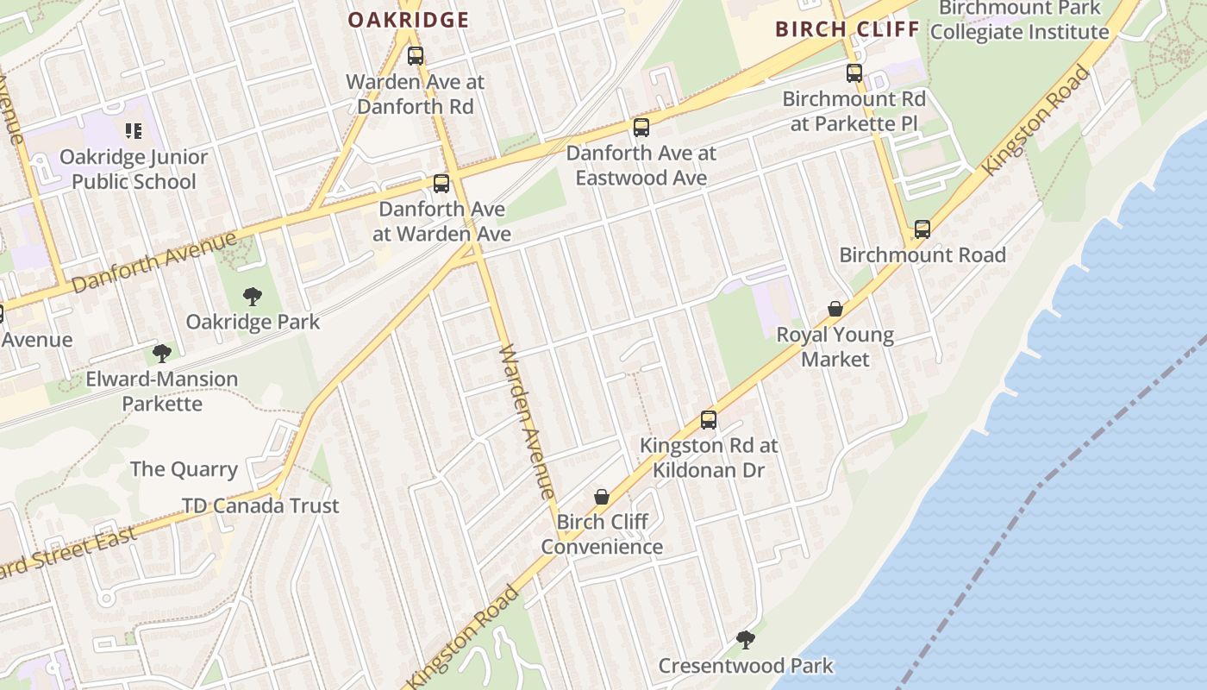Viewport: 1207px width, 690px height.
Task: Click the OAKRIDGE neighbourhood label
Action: coord(408,20)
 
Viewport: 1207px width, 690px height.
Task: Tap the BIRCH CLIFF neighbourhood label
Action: coord(847,29)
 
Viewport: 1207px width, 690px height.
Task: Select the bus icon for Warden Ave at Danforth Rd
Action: coord(416,56)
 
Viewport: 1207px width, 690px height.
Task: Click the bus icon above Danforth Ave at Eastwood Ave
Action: coord(641,128)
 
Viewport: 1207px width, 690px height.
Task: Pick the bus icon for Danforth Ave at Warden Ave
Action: coord(441,183)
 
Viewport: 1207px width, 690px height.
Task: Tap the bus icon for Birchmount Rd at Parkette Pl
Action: coord(854,73)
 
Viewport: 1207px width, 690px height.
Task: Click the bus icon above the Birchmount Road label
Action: coord(922,229)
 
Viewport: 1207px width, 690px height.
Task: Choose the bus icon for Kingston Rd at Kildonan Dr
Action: coord(709,420)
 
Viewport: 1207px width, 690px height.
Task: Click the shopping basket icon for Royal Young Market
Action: coord(835,309)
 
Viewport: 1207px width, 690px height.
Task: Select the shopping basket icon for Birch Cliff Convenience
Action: coord(602,497)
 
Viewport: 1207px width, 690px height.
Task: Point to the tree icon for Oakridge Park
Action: coord(252,297)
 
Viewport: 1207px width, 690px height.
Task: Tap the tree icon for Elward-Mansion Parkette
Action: coord(161,353)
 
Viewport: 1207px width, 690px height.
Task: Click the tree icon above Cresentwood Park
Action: coord(745,640)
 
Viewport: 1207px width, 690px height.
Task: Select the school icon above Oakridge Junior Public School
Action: coord(133,131)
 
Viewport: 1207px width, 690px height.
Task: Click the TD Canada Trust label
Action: coord(260,505)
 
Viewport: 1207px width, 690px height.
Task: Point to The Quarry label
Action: coord(184,469)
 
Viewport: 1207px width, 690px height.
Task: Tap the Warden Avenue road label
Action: coord(527,423)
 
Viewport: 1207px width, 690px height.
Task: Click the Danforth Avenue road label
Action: coord(154,261)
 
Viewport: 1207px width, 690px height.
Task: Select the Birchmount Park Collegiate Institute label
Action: coord(1020,20)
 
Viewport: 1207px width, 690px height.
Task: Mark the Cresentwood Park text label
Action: coord(746,666)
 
